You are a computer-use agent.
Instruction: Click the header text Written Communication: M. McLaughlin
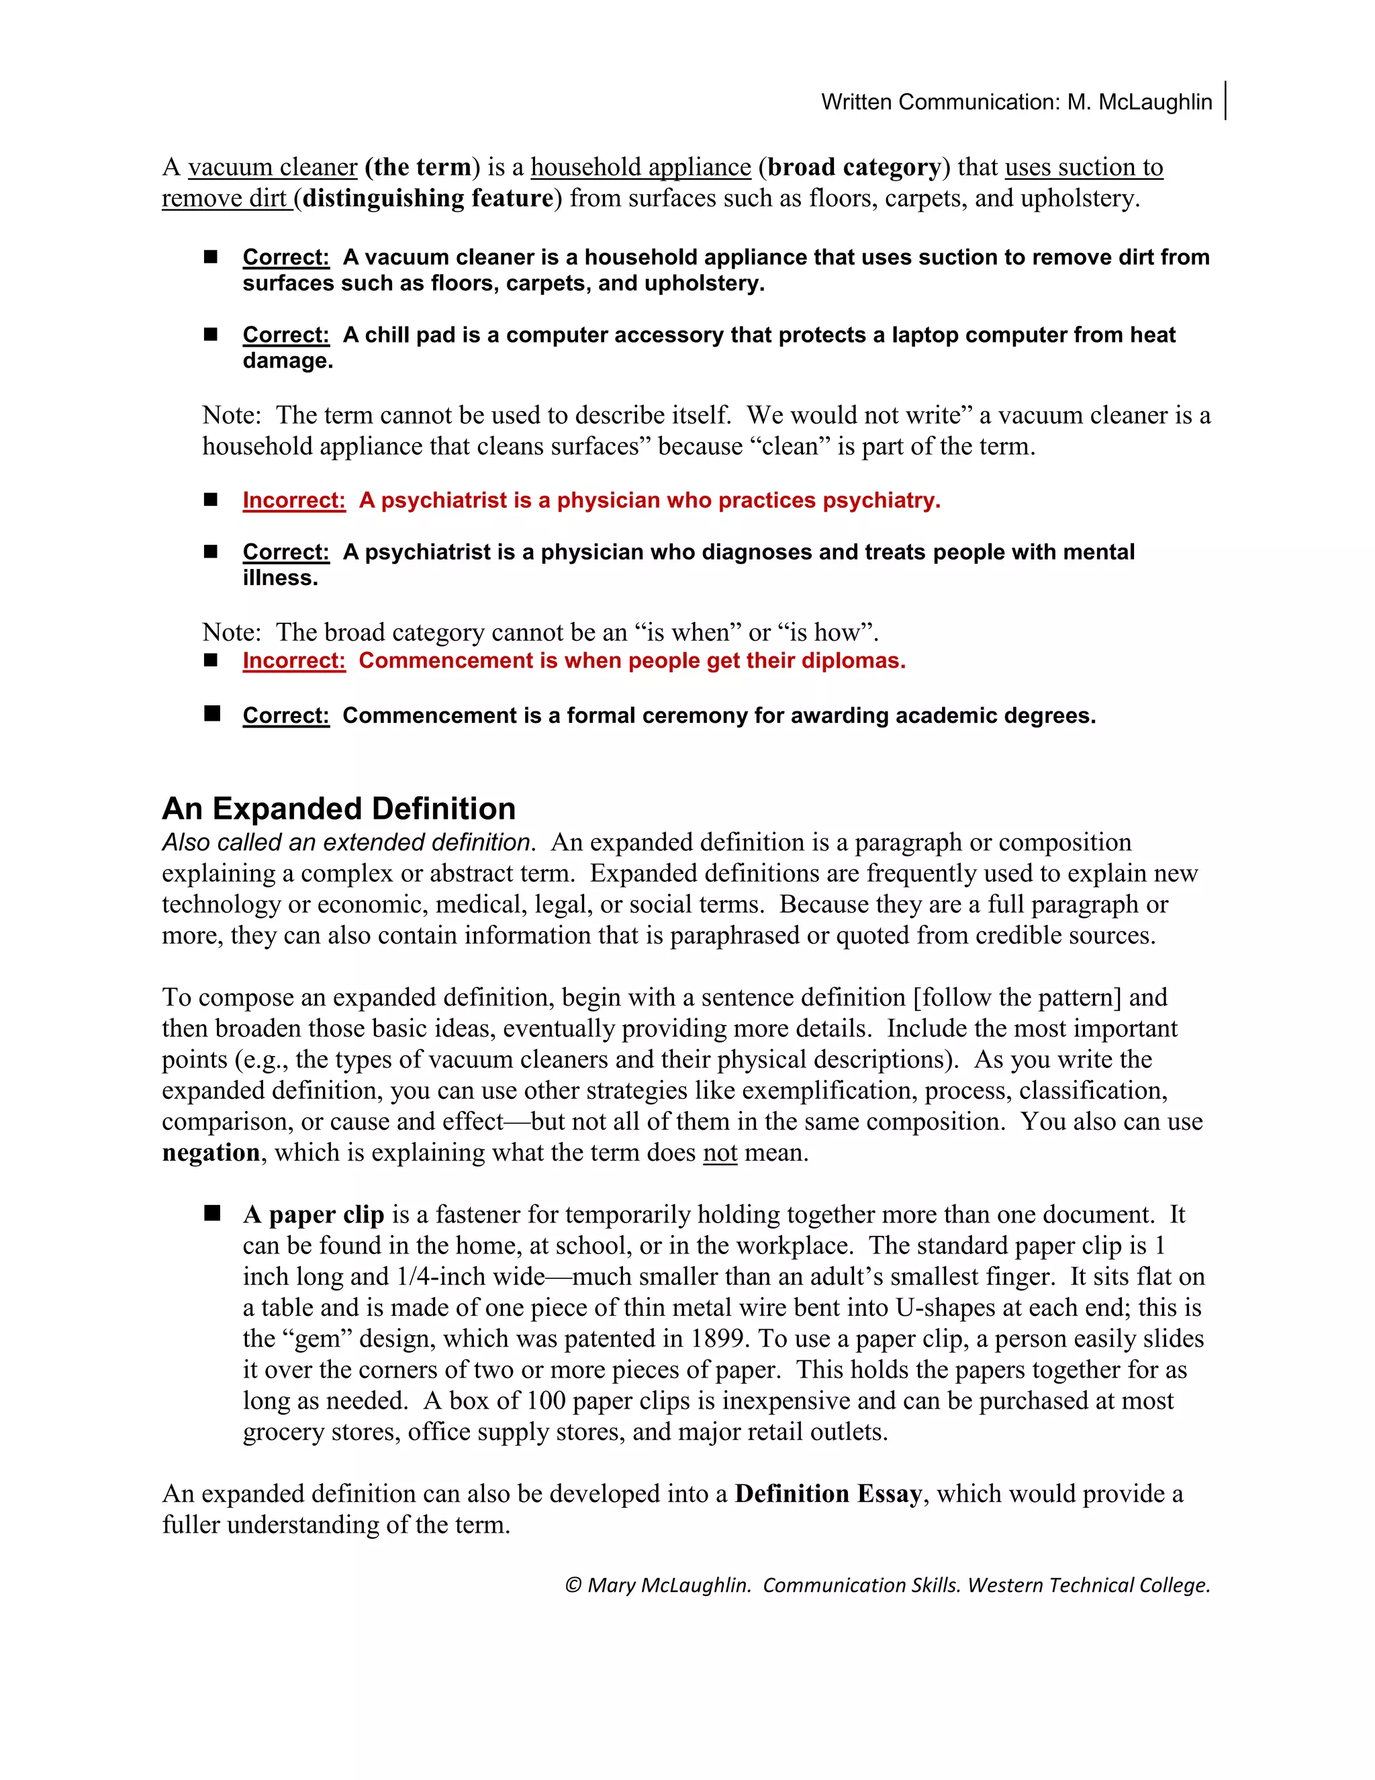click(x=1016, y=102)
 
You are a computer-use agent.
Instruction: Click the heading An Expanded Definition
click(x=339, y=809)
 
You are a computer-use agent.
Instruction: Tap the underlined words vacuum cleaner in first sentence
click(x=272, y=167)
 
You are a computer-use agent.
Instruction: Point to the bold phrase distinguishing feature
click(x=428, y=198)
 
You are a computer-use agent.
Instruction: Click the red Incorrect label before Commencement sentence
click(x=293, y=660)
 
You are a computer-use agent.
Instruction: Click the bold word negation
click(x=211, y=1153)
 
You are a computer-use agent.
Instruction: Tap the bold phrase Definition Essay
click(x=828, y=1493)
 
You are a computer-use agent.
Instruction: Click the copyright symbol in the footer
click(x=573, y=1585)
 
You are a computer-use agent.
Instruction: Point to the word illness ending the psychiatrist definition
click(x=279, y=578)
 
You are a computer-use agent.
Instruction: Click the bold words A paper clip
click(x=314, y=1214)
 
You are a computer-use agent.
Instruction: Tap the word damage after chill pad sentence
click(x=287, y=361)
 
